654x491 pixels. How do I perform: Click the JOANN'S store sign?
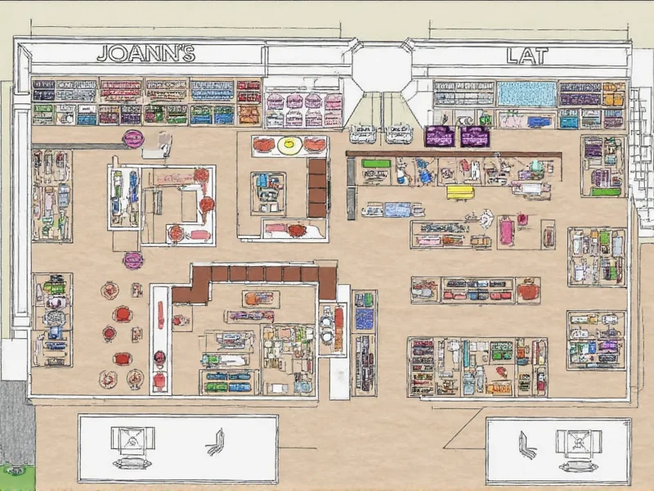(146, 54)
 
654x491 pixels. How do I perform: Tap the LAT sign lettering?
(526, 56)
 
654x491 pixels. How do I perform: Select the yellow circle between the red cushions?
(289, 146)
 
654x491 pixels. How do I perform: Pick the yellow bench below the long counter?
(460, 192)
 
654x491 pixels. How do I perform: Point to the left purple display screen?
(440, 136)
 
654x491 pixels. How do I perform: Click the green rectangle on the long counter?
(376, 164)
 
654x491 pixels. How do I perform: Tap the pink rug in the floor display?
(507, 232)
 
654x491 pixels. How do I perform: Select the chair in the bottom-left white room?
(215, 442)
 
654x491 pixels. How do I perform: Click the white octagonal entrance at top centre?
(381, 69)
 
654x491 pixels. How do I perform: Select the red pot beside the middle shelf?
(528, 290)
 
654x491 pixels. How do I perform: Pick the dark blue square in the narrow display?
(365, 318)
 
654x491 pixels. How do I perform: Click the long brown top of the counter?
(454, 153)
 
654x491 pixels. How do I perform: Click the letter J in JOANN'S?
(103, 55)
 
